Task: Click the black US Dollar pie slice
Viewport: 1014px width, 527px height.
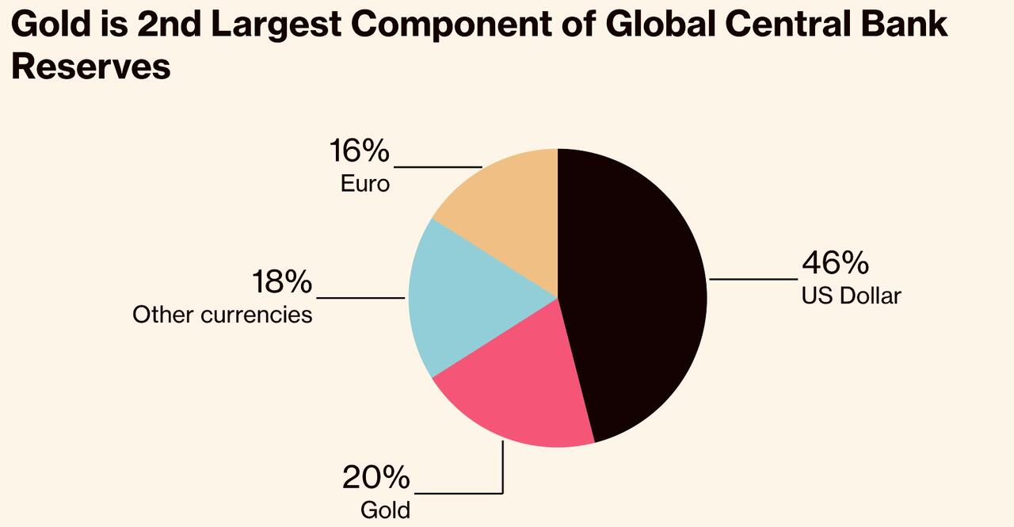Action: [634, 293]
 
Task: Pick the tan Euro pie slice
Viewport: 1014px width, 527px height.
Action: [507, 206]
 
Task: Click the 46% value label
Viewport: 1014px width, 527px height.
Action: [835, 262]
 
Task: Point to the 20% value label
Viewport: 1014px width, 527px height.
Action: [375, 478]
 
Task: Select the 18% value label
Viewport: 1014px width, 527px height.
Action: [281, 282]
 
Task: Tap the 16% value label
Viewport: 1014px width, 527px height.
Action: [359, 151]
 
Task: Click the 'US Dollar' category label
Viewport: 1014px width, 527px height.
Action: [851, 296]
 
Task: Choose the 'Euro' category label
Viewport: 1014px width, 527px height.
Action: [365, 184]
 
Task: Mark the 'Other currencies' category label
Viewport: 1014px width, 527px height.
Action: [222, 315]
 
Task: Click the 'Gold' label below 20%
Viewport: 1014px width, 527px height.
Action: [385, 510]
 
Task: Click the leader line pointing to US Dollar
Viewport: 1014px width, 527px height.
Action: [753, 279]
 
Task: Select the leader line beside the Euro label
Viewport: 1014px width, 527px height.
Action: [437, 167]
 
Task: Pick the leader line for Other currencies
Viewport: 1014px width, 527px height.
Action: [360, 298]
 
